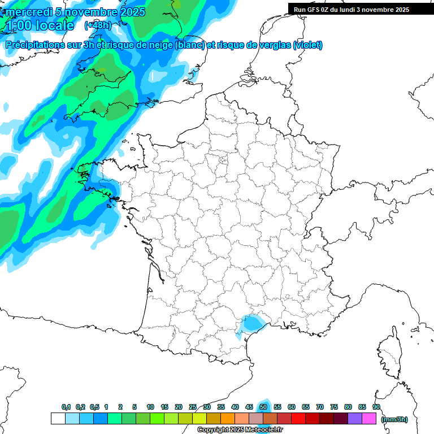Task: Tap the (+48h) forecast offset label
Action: [97, 25]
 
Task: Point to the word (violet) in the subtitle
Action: [307, 45]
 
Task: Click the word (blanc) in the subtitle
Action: [190, 45]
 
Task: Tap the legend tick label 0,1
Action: [66, 407]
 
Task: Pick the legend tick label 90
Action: [376, 407]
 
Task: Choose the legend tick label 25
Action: [193, 407]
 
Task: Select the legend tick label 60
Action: [292, 407]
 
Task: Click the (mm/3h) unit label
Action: [394, 419]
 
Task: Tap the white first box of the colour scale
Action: [58, 419]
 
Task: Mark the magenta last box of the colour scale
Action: [369, 419]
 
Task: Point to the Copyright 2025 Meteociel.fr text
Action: [240, 430]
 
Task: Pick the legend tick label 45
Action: [249, 407]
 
